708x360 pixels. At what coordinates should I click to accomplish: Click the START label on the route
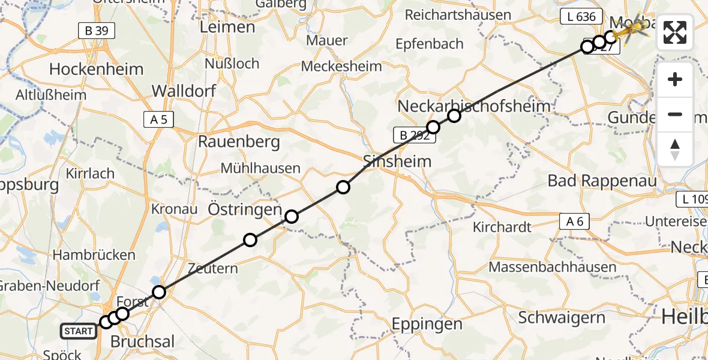78,331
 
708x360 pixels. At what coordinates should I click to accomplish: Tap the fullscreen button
675,32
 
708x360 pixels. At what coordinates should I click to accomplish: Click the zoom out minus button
675,114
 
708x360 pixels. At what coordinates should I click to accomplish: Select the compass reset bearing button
675,149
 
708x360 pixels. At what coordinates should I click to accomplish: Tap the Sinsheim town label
397,161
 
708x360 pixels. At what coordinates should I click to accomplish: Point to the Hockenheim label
96,69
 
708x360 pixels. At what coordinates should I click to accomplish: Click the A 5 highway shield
158,120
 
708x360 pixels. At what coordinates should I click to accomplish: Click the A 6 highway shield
574,221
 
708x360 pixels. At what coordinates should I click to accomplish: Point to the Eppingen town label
427,324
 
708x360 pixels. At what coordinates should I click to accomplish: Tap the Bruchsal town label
143,341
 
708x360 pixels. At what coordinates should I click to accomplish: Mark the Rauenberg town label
239,142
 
